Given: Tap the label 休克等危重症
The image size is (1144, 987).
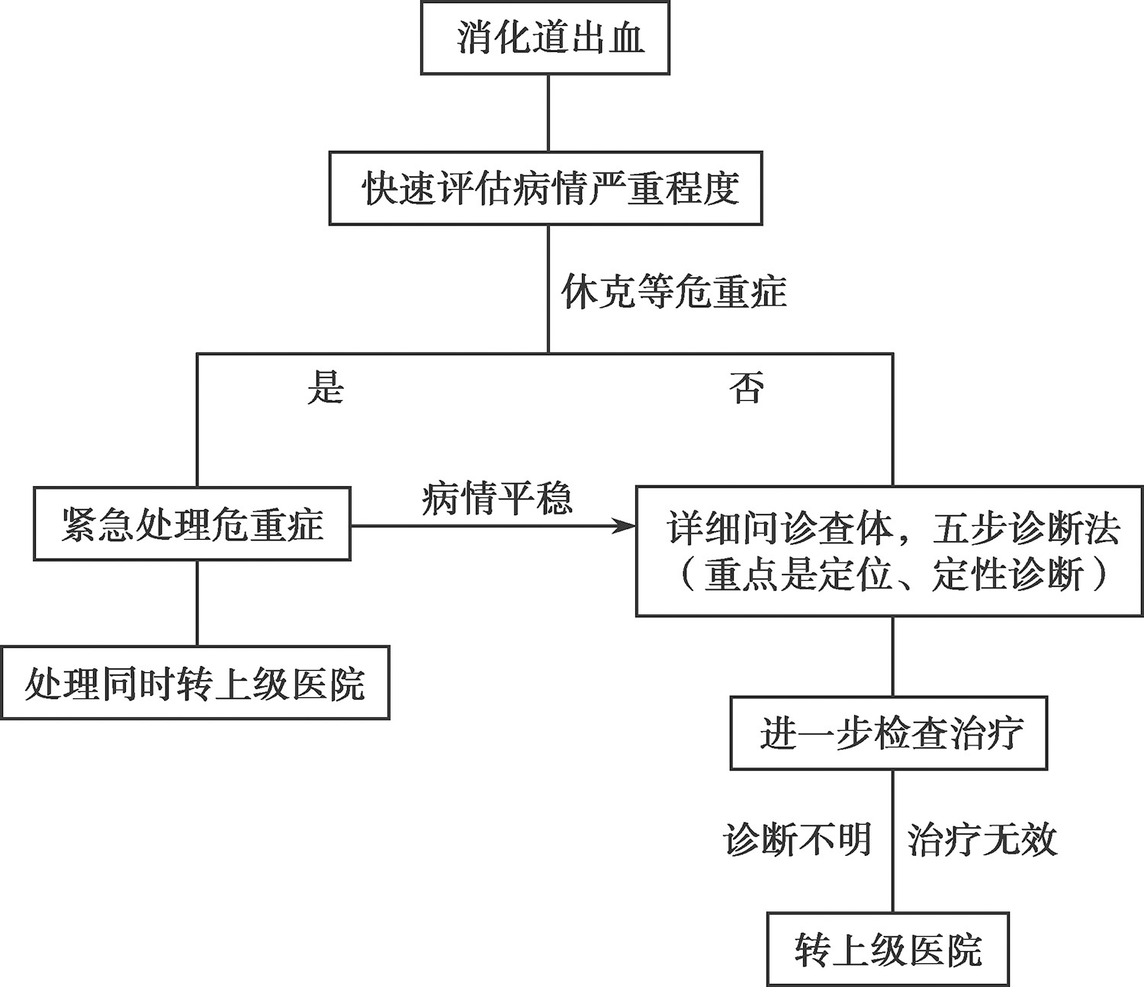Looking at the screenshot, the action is pos(673,291).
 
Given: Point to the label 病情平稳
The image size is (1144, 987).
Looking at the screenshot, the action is pos(496,498).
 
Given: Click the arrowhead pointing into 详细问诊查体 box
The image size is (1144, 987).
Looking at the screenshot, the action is pos(625,526).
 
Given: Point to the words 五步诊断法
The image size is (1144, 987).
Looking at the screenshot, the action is pos(1027,530).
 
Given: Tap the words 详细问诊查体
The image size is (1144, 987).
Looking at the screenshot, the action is pos(780,530).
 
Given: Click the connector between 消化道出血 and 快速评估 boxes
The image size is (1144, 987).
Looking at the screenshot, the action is pos(548,113).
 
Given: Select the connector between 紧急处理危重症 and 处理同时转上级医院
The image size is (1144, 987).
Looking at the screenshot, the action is pos(198,603).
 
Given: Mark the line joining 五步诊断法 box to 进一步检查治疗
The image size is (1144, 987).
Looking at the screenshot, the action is pos(893,656).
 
